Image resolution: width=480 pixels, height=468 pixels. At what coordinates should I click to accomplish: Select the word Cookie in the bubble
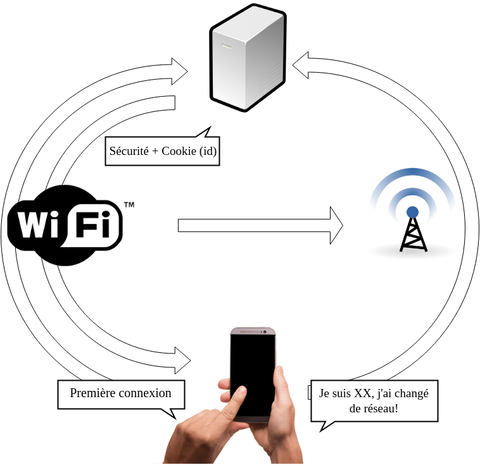tap(180, 151)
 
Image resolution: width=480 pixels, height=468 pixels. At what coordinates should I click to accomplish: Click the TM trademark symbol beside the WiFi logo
tap(129, 205)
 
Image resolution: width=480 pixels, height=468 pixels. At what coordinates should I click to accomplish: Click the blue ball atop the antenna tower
tap(412, 211)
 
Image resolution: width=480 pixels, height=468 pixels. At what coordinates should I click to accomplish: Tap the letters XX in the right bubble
tap(362, 393)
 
